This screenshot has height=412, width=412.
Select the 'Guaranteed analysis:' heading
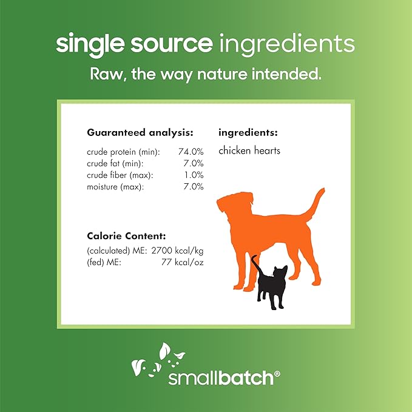[x=140, y=132]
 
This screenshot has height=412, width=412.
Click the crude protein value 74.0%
[x=192, y=152]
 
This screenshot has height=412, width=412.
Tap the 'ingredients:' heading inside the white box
[x=248, y=132]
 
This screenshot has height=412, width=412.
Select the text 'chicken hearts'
[x=249, y=150]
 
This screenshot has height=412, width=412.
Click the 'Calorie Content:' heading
[x=126, y=235]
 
